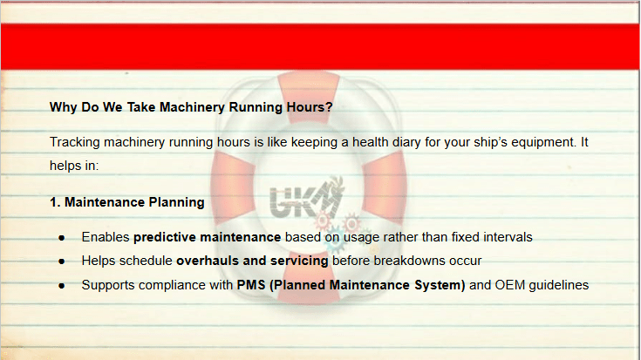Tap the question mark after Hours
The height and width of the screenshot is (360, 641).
(329, 107)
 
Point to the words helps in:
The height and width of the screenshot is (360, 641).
(74, 166)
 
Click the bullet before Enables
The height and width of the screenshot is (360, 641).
(62, 238)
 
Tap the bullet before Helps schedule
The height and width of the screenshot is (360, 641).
(62, 262)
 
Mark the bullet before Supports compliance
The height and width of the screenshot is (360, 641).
(62, 286)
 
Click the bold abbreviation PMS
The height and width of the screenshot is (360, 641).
(251, 285)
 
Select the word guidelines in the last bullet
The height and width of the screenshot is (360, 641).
(559, 285)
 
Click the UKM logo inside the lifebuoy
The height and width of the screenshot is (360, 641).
(307, 198)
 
